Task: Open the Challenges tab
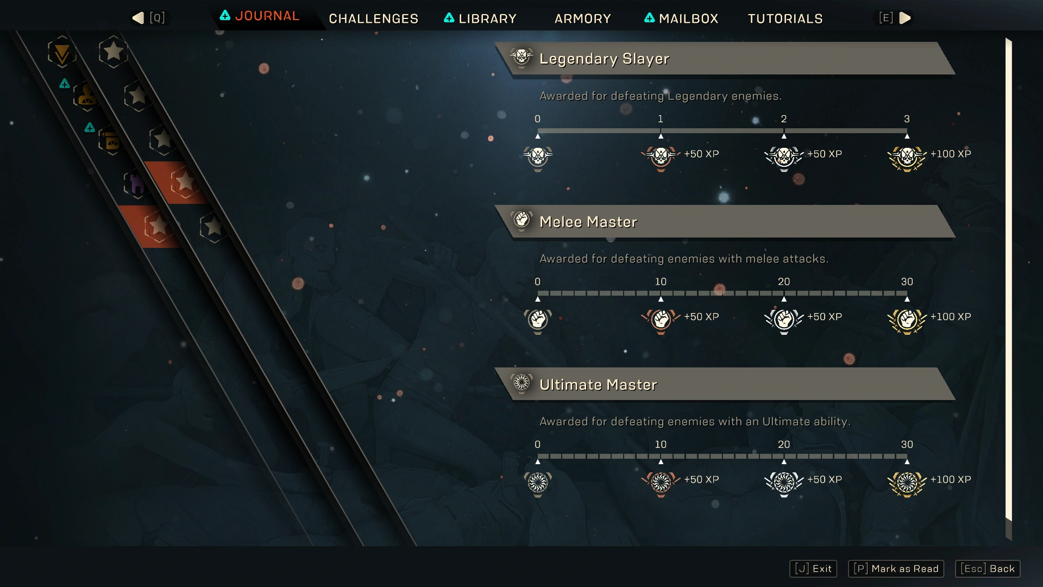pyautogui.click(x=373, y=18)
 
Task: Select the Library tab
pyautogui.click(x=487, y=18)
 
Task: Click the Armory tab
pyautogui.click(x=582, y=18)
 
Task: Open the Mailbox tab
pyautogui.click(x=688, y=18)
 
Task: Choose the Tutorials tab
pyautogui.click(x=785, y=18)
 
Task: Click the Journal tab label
pyautogui.click(x=267, y=16)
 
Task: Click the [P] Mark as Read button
pyautogui.click(x=896, y=569)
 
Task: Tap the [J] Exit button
pyautogui.click(x=813, y=569)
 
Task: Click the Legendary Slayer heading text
pyautogui.click(x=604, y=59)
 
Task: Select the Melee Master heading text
pyautogui.click(x=588, y=222)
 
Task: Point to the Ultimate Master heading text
pyautogui.click(x=598, y=385)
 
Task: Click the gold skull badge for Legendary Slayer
pyautogui.click(x=907, y=158)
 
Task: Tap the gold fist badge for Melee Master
pyautogui.click(x=907, y=320)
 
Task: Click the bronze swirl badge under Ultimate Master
pyautogui.click(x=661, y=483)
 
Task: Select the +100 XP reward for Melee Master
pyautogui.click(x=951, y=317)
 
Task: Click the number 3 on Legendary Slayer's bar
pyautogui.click(x=907, y=119)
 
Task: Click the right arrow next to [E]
pyautogui.click(x=905, y=18)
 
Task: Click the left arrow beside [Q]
pyautogui.click(x=138, y=18)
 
